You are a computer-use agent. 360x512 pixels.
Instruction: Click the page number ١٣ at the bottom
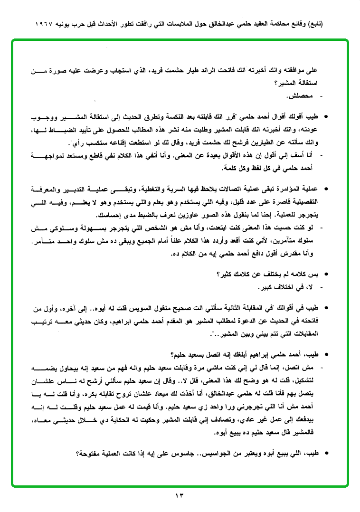tap(180, 496)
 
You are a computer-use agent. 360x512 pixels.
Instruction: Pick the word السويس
tap(155, 310)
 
